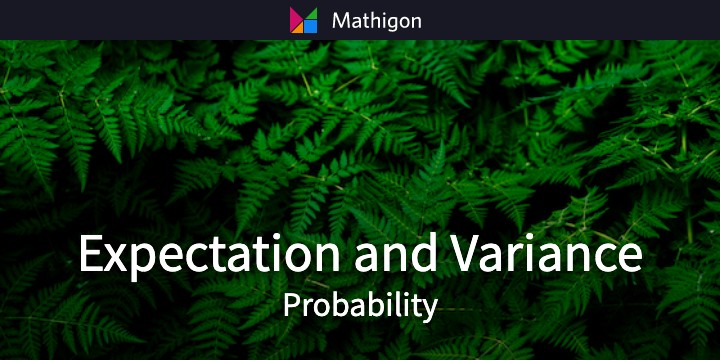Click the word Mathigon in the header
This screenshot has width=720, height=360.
coord(375,20)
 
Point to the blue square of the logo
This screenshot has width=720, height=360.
coord(310,27)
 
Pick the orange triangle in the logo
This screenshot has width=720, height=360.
coord(297,28)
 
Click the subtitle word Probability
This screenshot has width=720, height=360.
coord(360,305)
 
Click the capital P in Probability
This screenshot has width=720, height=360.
coord(290,304)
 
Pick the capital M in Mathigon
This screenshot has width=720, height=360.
coord(339,20)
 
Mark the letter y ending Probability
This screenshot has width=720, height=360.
coord(431,309)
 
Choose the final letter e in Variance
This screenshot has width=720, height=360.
coord(628,257)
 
